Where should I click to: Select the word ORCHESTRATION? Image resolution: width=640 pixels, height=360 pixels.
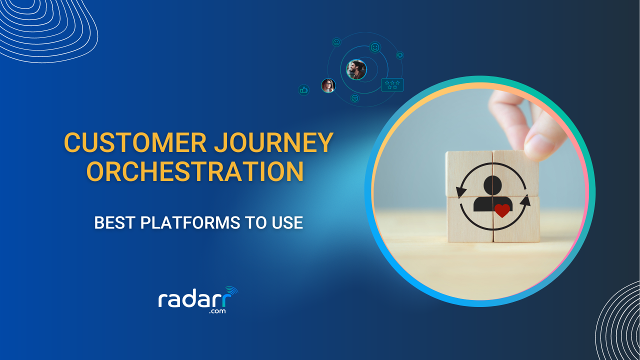click(x=195, y=171)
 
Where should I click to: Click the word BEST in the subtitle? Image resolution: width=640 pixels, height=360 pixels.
click(x=114, y=222)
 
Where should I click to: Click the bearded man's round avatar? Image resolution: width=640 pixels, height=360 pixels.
click(x=356, y=69)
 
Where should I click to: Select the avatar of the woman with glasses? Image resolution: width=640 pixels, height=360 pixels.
click(x=328, y=85)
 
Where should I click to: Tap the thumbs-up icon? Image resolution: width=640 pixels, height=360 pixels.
click(x=303, y=90)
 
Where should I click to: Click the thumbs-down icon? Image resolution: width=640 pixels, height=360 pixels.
click(x=399, y=55)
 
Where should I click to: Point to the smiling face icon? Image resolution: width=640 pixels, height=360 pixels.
click(x=374, y=47)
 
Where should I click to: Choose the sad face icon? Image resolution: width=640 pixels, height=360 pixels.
click(x=355, y=98)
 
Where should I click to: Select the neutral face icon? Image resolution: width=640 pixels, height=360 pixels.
click(x=336, y=42)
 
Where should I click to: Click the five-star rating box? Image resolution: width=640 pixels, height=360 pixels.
click(x=392, y=84)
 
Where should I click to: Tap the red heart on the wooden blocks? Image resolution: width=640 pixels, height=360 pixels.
click(x=502, y=210)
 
